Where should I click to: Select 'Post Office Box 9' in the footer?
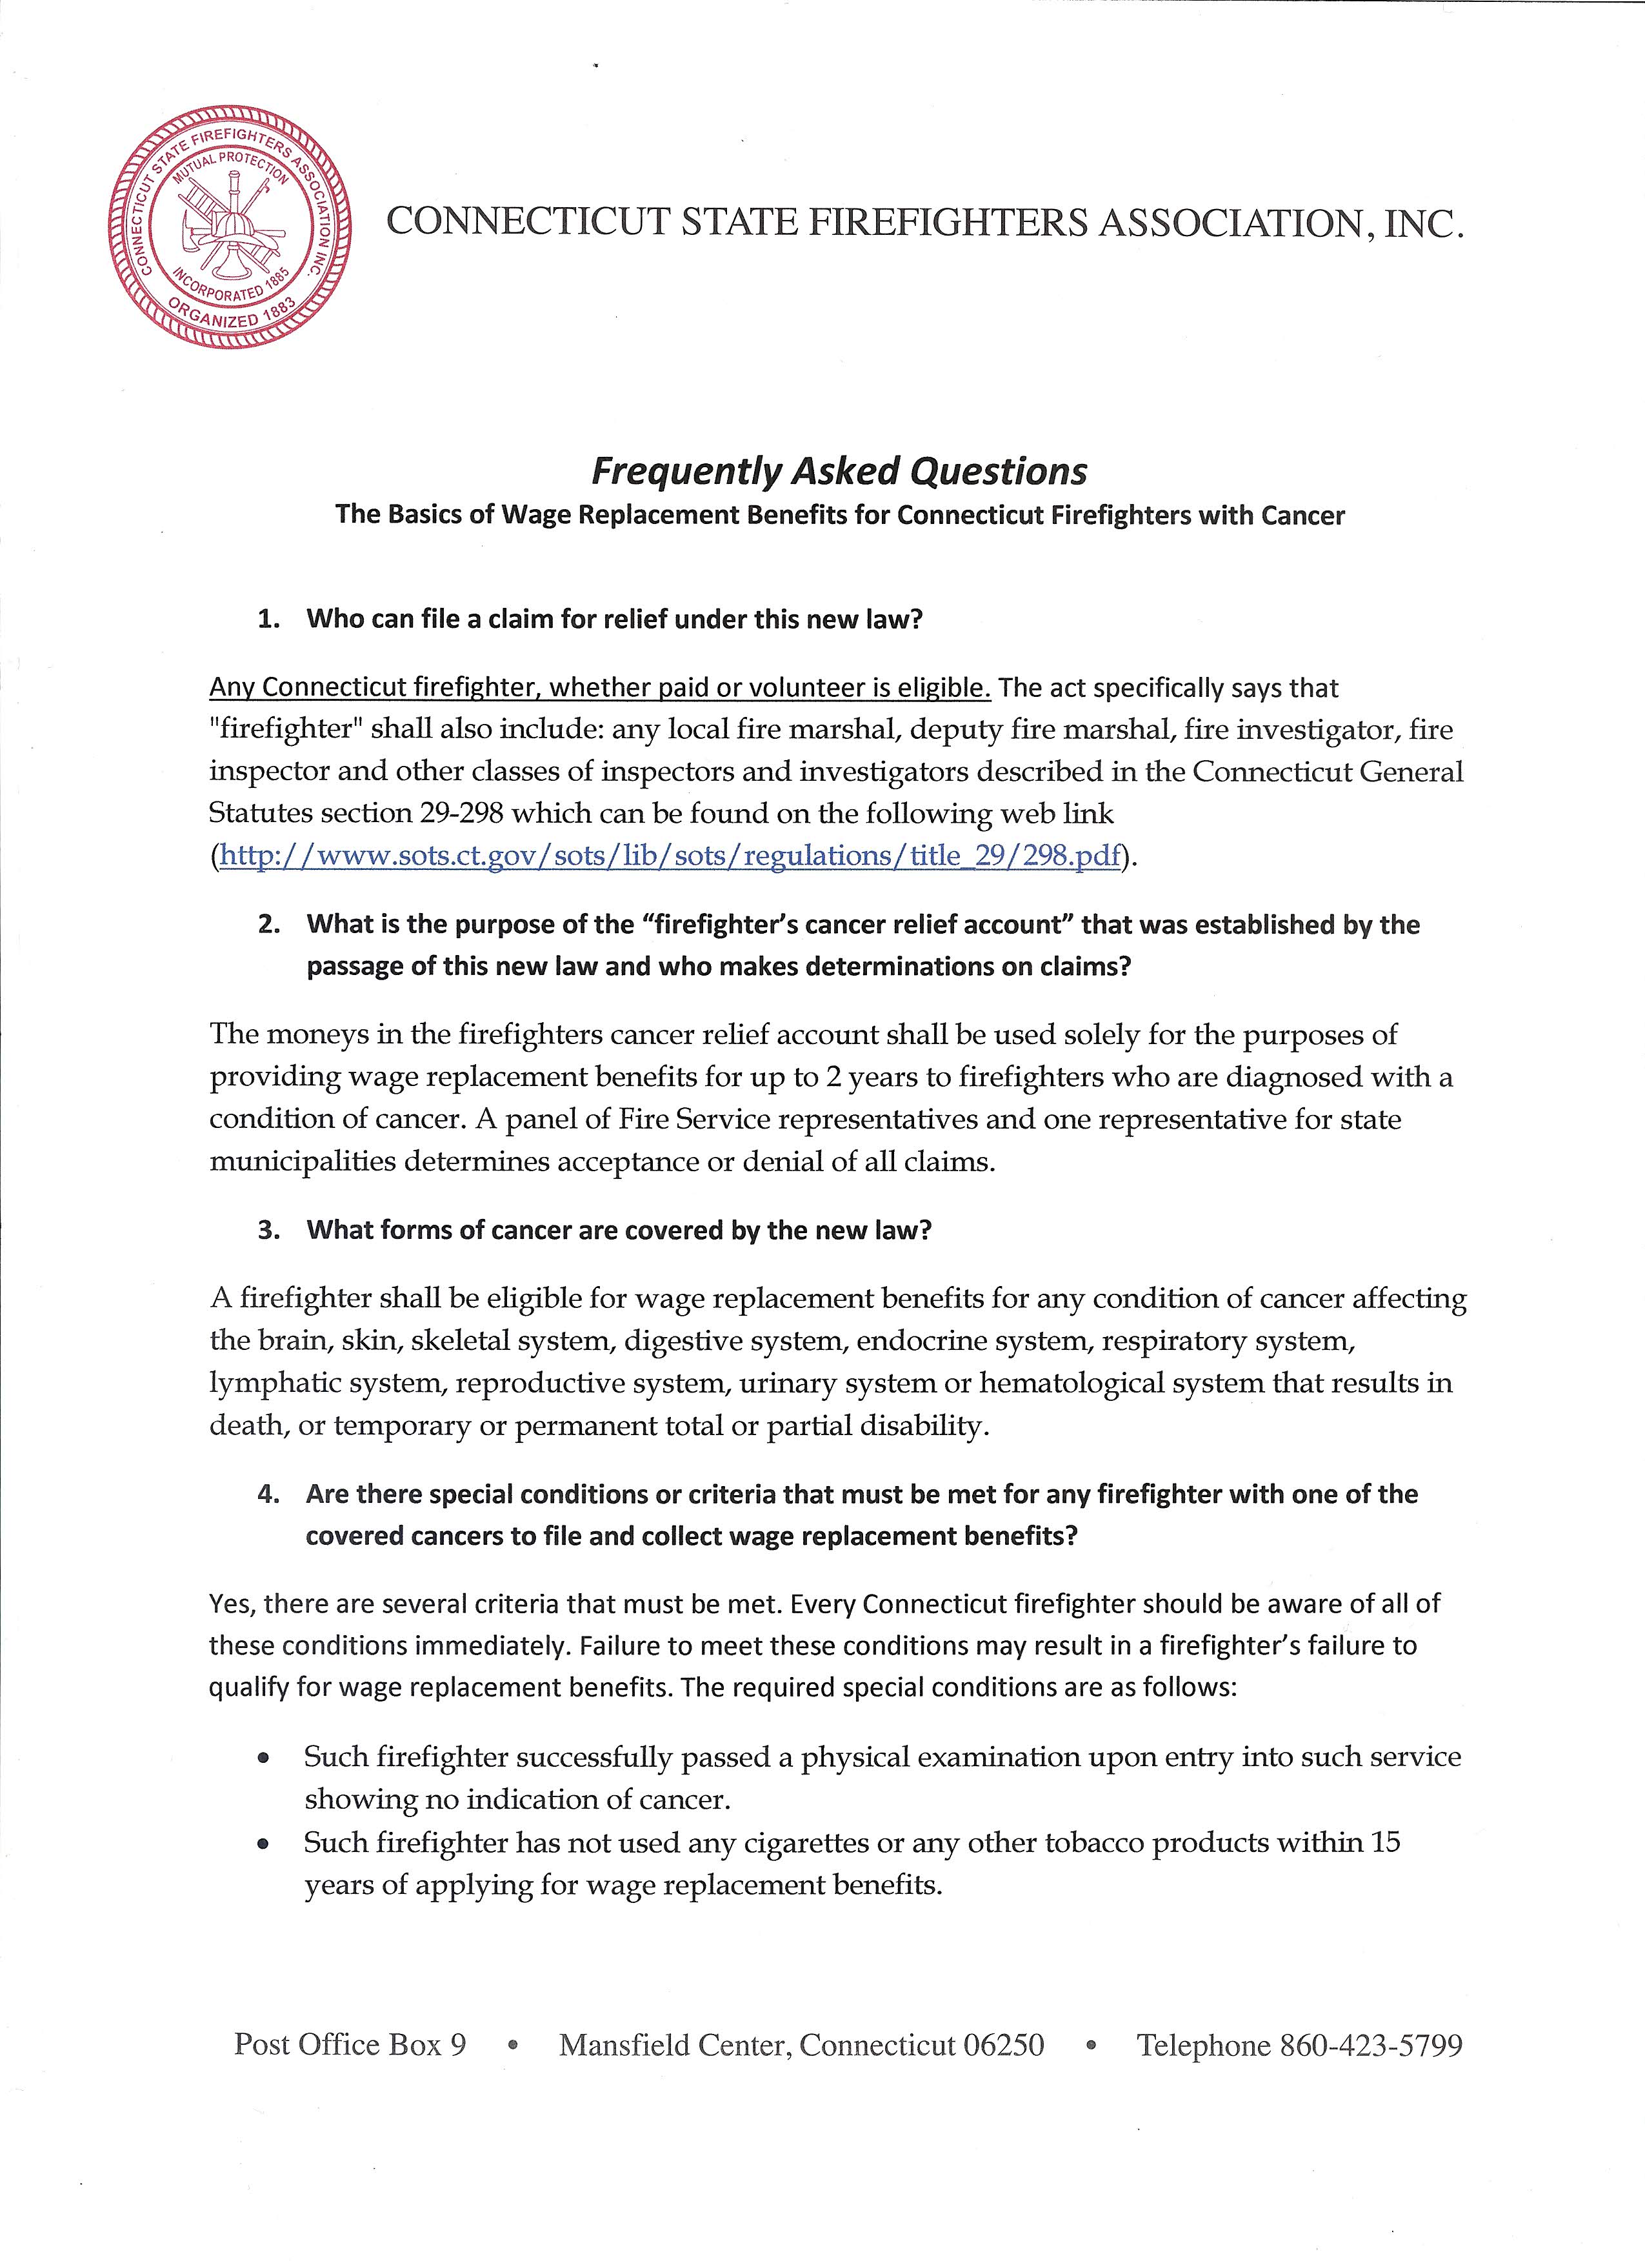pos(350,2046)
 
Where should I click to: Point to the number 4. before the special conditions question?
pos(267,1494)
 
